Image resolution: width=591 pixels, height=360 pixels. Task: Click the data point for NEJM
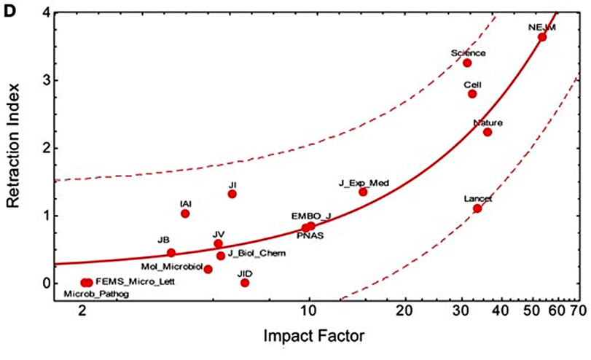pos(542,37)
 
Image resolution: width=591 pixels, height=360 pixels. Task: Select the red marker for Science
pos(467,63)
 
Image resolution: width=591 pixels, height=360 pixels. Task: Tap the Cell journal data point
pos(472,94)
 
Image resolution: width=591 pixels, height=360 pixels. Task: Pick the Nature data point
pos(488,132)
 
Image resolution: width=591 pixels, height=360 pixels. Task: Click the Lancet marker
pos(477,208)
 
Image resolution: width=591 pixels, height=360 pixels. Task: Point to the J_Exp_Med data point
pos(363,192)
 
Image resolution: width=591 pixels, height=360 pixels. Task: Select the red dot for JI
pos(232,194)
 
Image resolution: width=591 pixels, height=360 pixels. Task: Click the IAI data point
pos(185,214)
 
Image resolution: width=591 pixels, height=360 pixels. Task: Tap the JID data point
pos(245,283)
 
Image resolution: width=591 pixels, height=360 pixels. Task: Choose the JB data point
pos(171,253)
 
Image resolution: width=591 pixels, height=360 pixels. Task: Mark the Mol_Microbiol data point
pos(208,269)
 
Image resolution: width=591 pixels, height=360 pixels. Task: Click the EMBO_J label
pos(311,216)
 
